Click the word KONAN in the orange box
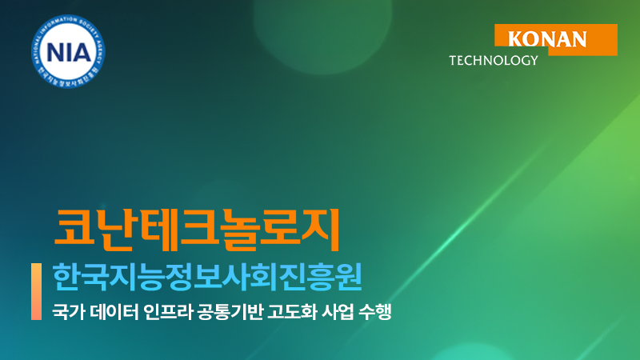pyautogui.click(x=547, y=38)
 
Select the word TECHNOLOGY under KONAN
pyautogui.click(x=494, y=60)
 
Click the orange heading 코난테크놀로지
pyautogui.click(x=197, y=229)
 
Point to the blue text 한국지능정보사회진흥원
pyautogui.click(x=206, y=278)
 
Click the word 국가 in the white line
pyautogui.click(x=65, y=310)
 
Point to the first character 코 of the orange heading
pyautogui.click(x=70, y=229)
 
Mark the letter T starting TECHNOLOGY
pyautogui.click(x=454, y=60)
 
